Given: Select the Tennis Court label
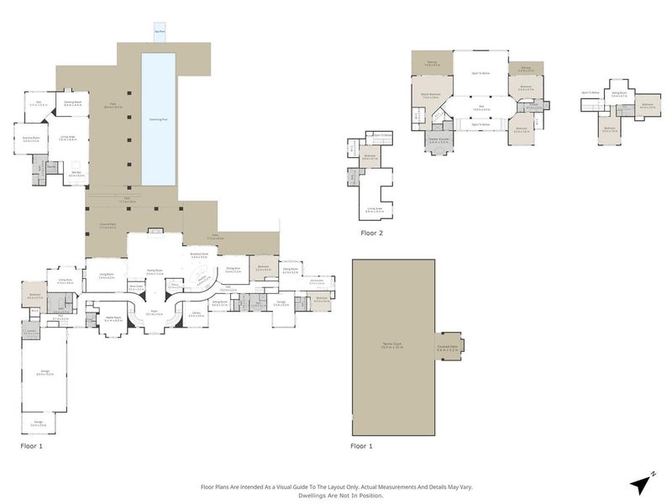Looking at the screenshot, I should point(392,346).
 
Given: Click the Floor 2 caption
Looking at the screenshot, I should point(372,233).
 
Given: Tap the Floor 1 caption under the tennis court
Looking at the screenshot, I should point(364,445).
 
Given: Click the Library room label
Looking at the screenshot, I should point(196,314).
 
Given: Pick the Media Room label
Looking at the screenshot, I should point(113,318).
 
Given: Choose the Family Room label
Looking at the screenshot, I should point(154,271).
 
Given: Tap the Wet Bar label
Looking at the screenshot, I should point(75,173).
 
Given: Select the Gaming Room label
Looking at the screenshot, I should point(72,102).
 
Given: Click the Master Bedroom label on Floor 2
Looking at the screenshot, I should point(431,95).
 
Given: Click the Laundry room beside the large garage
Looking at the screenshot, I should point(30,331).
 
